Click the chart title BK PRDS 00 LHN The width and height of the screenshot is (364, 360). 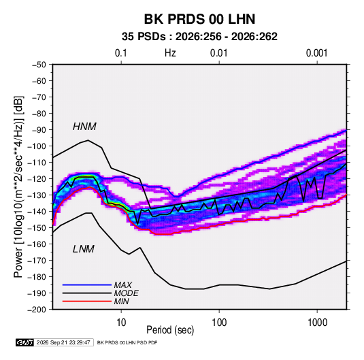(x=199, y=19)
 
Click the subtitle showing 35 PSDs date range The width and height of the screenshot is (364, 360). (x=199, y=37)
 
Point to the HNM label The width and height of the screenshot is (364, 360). (x=84, y=127)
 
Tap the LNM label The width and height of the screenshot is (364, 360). (x=84, y=249)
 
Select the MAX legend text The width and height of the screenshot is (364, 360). (x=122, y=285)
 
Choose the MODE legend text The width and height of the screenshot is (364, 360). (x=126, y=293)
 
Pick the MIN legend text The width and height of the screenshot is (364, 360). (x=121, y=301)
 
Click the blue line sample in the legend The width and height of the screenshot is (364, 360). (x=87, y=284)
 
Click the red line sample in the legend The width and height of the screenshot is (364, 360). (x=87, y=301)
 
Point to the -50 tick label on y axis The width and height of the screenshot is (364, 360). (x=39, y=65)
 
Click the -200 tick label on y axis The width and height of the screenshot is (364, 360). (x=37, y=310)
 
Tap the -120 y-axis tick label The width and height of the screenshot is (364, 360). (x=37, y=179)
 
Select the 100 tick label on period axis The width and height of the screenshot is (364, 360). (x=219, y=323)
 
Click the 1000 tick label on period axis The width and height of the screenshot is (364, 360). (x=317, y=323)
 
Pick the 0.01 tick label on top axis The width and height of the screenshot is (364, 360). (x=218, y=53)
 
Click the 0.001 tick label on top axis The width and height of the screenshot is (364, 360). (x=316, y=53)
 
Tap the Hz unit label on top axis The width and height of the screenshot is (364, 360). (x=170, y=53)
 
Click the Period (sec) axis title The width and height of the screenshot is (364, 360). (x=170, y=330)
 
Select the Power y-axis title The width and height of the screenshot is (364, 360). (x=18, y=187)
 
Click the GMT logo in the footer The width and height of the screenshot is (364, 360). (x=24, y=342)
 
